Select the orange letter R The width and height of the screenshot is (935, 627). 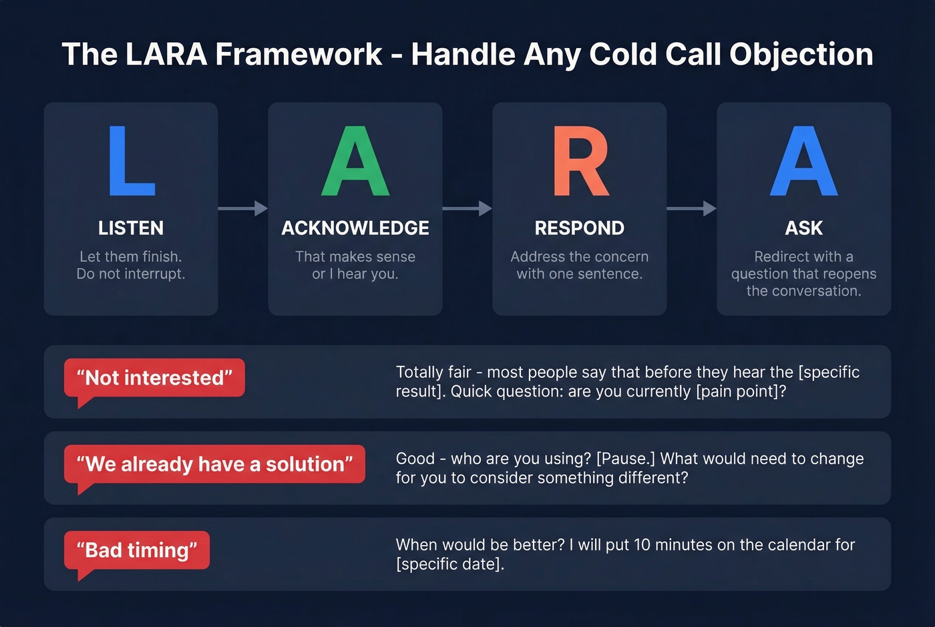click(x=580, y=162)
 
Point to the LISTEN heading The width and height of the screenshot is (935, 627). click(x=131, y=228)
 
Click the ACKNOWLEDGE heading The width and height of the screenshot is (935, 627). click(x=355, y=228)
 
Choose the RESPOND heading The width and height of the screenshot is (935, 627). click(x=580, y=228)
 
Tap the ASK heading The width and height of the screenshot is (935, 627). click(x=803, y=228)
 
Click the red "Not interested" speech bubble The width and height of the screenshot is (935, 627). click(x=154, y=378)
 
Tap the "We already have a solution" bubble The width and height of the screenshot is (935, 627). click(x=214, y=464)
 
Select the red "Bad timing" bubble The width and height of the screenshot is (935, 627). click(x=137, y=550)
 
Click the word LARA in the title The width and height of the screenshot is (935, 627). click(x=166, y=55)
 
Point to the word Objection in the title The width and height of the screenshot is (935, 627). click(x=801, y=55)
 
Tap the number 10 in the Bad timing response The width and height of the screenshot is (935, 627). click(x=642, y=545)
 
